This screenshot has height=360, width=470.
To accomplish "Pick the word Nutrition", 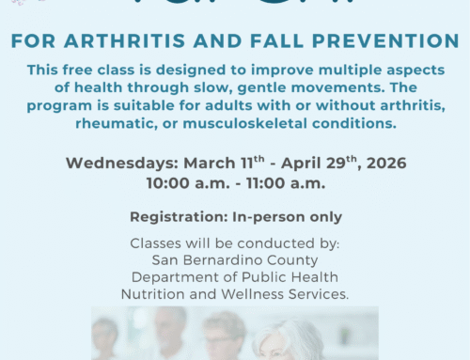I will coord(154,293).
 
